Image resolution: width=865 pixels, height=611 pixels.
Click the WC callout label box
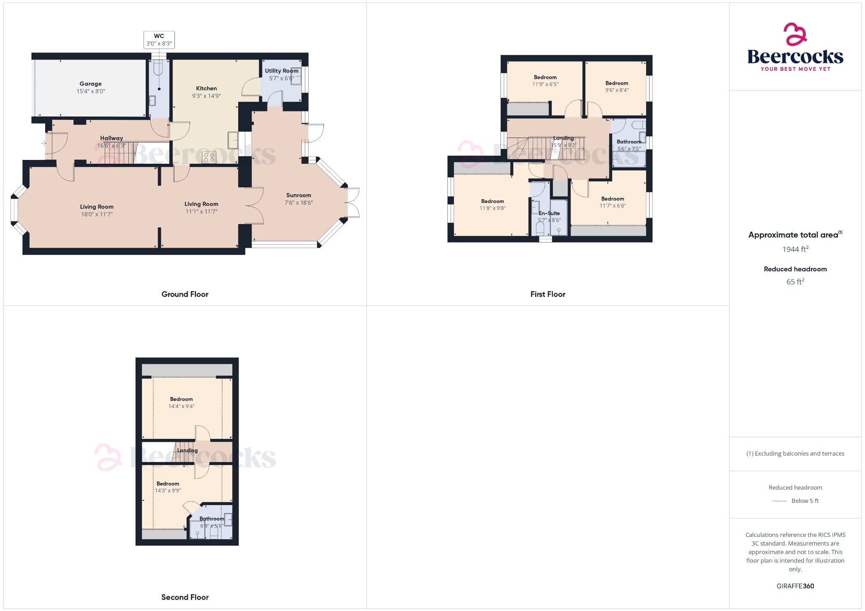click(x=159, y=40)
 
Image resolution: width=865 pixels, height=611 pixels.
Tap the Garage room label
click(x=90, y=84)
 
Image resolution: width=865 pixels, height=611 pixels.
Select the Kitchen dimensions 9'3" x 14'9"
click(x=206, y=96)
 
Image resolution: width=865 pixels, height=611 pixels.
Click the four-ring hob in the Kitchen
click(x=209, y=157)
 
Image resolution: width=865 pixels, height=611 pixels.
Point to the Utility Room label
click(x=281, y=71)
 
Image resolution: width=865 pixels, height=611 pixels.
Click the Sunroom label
click(x=299, y=195)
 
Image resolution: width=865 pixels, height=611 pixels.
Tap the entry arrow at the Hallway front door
click(x=44, y=143)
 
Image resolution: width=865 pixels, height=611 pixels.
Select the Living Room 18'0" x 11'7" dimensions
click(x=97, y=214)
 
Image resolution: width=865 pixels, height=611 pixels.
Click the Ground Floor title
click(x=185, y=294)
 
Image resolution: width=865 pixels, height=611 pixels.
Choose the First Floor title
click(x=548, y=294)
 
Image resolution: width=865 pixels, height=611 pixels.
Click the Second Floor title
click(x=185, y=597)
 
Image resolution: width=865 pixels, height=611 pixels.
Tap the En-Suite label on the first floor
click(x=549, y=213)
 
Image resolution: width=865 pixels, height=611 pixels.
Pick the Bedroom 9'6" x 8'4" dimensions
click(x=617, y=90)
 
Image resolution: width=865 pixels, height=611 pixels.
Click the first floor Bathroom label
click(x=629, y=142)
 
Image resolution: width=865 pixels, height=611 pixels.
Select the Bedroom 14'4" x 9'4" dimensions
click(x=181, y=406)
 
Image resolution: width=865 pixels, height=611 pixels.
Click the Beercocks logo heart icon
click(x=795, y=34)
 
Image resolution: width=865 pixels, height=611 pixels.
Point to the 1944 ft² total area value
click(x=795, y=249)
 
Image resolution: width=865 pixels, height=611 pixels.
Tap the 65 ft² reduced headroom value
click(x=795, y=282)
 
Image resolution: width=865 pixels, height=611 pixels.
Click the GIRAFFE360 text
click(x=795, y=586)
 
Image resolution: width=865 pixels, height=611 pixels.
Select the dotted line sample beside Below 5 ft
click(x=779, y=501)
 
